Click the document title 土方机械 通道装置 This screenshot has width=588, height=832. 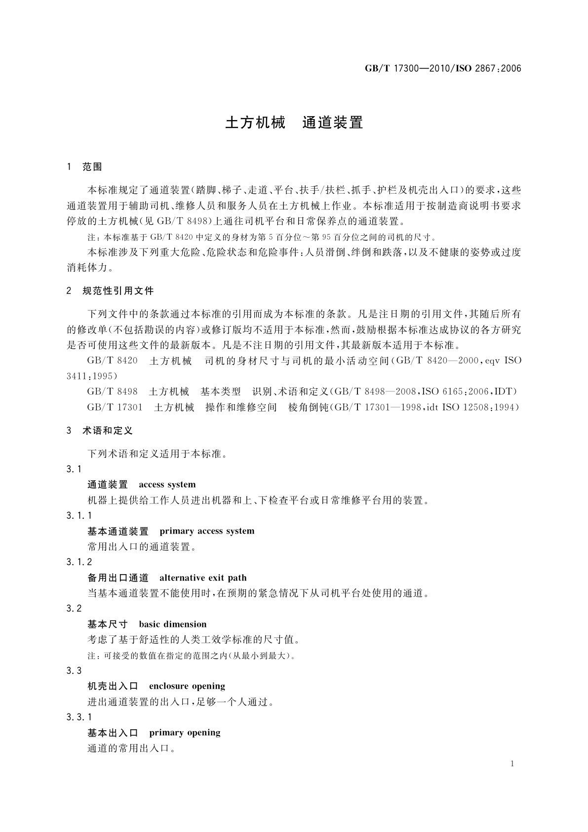click(x=294, y=123)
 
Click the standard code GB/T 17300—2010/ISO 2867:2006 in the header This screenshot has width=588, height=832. click(x=443, y=69)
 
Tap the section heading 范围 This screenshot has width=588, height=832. click(x=92, y=167)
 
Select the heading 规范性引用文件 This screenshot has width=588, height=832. click(x=118, y=291)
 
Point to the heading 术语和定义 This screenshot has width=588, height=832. click(x=108, y=431)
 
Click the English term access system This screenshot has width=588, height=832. click(x=167, y=485)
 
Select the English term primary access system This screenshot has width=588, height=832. click(x=207, y=531)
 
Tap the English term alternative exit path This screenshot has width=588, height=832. click(x=203, y=578)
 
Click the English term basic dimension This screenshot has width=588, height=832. click(x=173, y=624)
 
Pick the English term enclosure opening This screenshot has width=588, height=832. click(x=187, y=686)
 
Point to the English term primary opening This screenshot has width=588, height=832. click(x=185, y=732)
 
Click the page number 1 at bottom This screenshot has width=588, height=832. click(x=512, y=764)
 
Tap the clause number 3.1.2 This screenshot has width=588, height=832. click(x=79, y=562)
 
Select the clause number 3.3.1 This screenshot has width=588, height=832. click(x=79, y=717)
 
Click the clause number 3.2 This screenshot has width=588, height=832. click(x=74, y=608)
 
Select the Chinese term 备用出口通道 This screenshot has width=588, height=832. click(x=118, y=578)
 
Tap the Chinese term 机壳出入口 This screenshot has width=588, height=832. click(x=113, y=686)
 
